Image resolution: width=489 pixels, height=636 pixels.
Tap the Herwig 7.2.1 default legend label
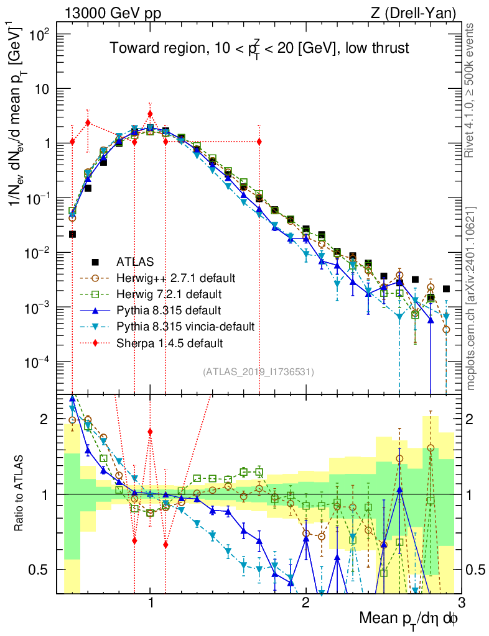[x=163, y=294]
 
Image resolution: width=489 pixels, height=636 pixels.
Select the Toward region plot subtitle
[x=259, y=49]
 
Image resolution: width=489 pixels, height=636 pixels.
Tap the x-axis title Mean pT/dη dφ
[x=409, y=619]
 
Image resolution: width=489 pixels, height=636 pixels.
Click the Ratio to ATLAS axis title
[x=22, y=494]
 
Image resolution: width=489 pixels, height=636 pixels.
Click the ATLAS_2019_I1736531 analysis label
[x=258, y=372]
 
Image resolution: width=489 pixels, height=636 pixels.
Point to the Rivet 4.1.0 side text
[x=471, y=89]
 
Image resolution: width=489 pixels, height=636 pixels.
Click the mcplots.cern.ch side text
[x=471, y=298]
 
